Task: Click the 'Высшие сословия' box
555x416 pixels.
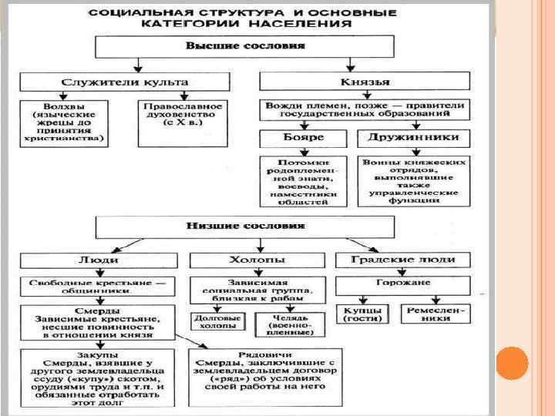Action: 244,47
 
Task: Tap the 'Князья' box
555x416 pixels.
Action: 365,82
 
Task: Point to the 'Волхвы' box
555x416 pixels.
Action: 64,122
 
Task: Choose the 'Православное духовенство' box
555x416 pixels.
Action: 182,122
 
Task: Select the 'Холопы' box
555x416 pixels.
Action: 253,260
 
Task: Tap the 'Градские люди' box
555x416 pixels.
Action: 402,260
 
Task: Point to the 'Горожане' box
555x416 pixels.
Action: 402,284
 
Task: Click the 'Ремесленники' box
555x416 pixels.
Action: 436,314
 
